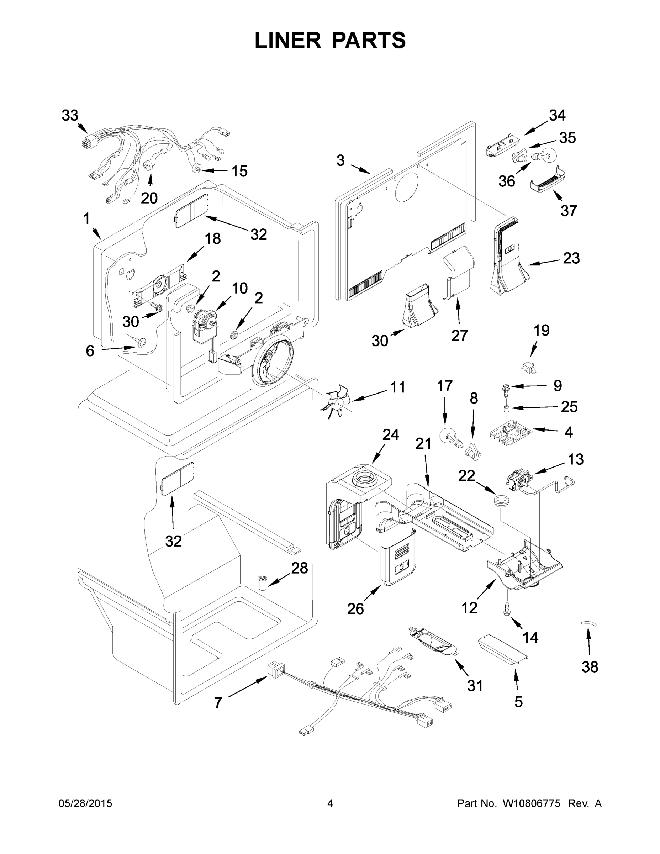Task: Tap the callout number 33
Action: (x=70, y=115)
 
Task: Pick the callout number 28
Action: (x=300, y=568)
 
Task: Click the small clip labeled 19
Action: (x=528, y=367)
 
